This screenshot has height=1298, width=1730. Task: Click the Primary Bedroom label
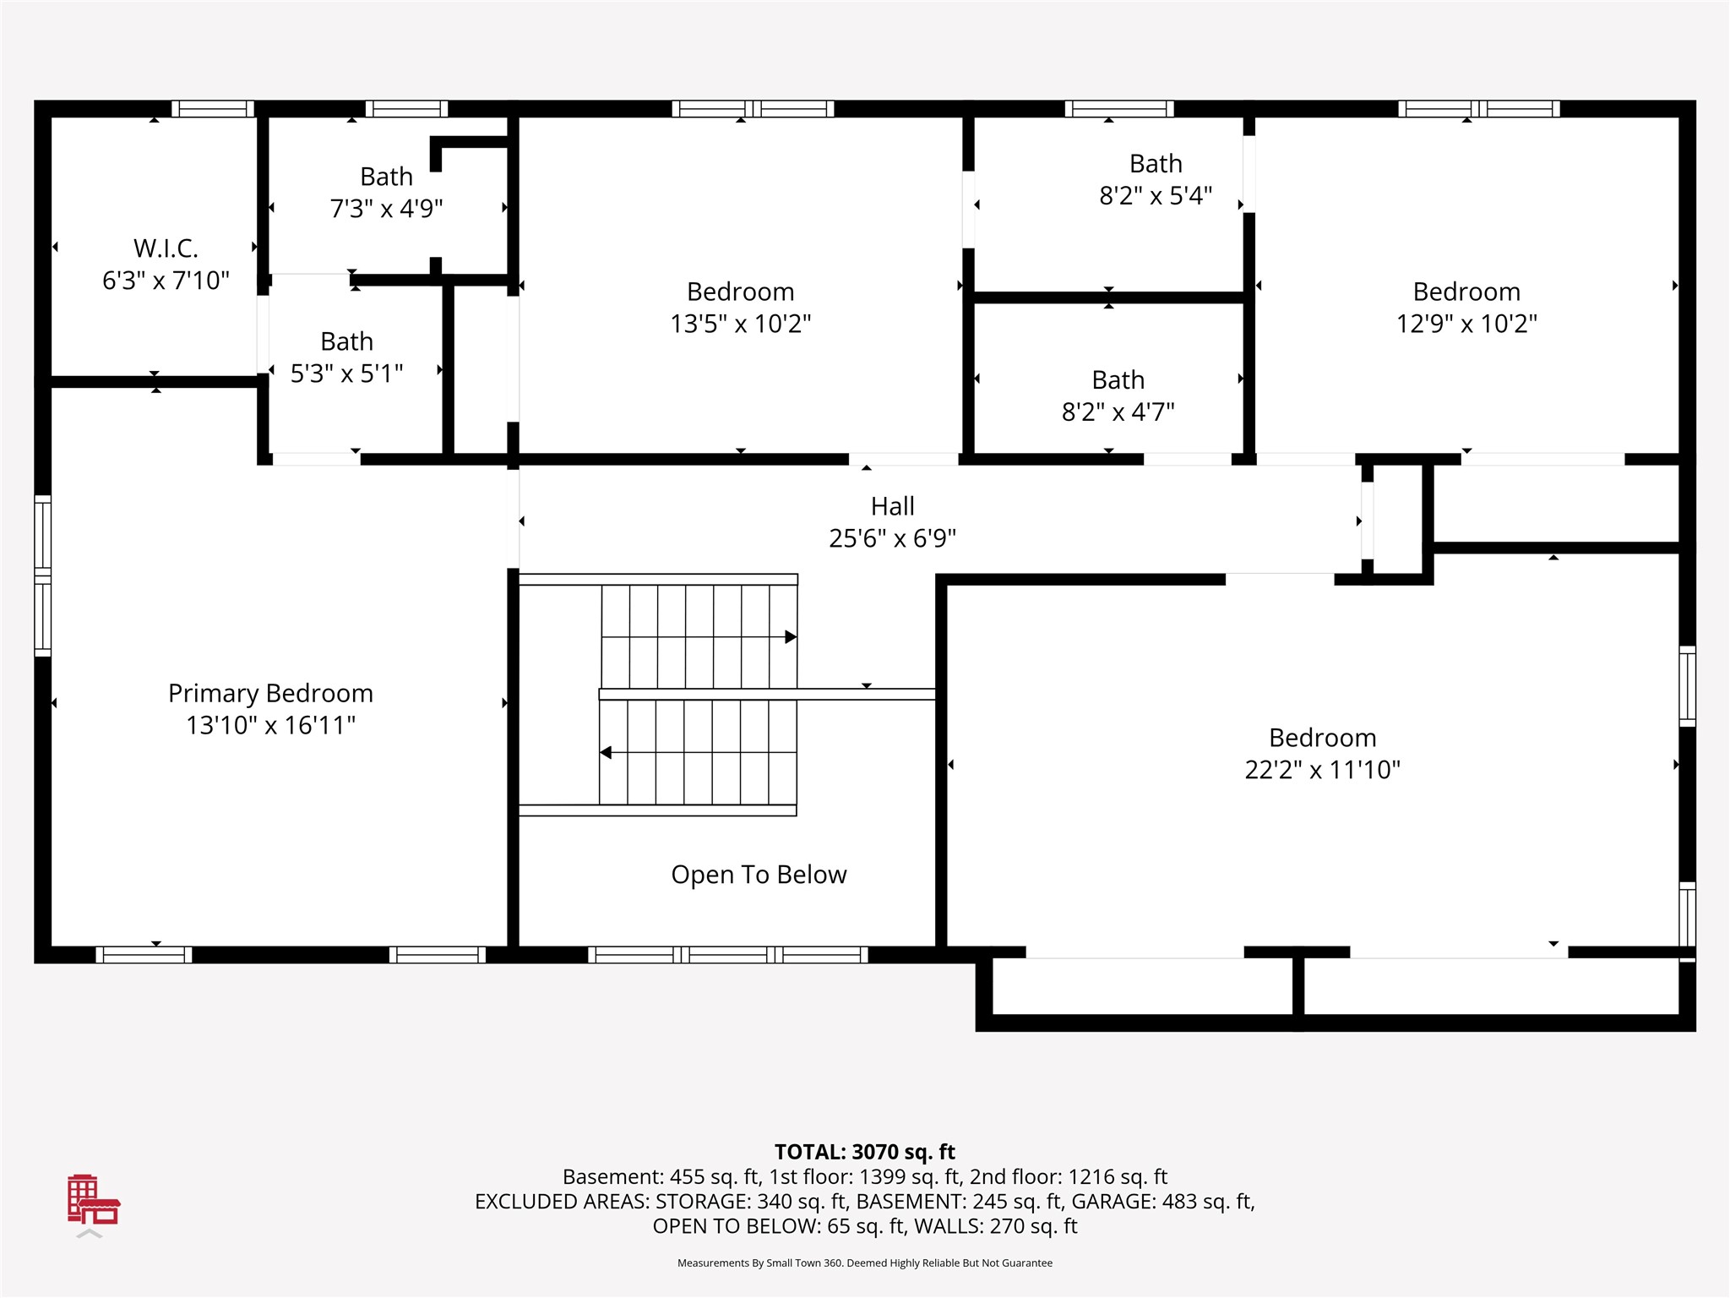[x=270, y=694]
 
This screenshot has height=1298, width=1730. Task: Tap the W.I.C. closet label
[x=166, y=248]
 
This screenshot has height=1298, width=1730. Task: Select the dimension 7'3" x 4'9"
[x=386, y=208]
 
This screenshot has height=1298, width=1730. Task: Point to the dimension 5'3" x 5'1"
[x=346, y=373]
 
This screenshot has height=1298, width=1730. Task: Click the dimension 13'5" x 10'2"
[x=741, y=323]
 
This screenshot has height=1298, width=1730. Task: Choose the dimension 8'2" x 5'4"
[x=1156, y=195]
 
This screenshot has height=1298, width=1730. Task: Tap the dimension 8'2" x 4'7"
[x=1118, y=412]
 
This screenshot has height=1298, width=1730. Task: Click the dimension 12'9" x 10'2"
[x=1466, y=323]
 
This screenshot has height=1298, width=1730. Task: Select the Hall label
[x=893, y=506]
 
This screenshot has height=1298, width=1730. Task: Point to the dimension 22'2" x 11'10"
[x=1323, y=769]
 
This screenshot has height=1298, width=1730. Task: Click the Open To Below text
[x=759, y=875]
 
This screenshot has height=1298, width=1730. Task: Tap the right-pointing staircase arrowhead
[x=791, y=637]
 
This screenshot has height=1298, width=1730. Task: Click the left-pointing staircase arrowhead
[x=606, y=752]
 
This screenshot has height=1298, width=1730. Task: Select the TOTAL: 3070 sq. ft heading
[x=865, y=1152]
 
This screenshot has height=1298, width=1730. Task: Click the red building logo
[x=94, y=1199]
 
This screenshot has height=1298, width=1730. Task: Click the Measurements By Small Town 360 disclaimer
[x=865, y=1263]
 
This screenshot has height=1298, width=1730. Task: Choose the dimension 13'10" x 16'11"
[x=270, y=725]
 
